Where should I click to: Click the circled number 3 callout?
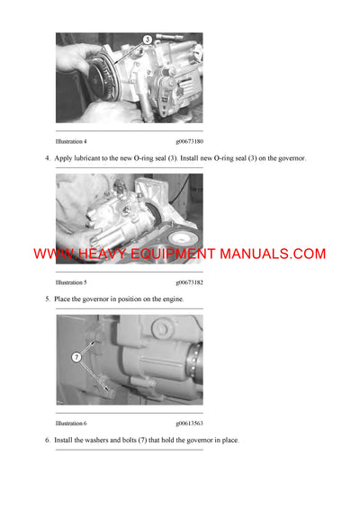tap(147, 40)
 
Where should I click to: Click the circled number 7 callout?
tap(77, 358)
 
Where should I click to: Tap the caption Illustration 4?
tap(71, 141)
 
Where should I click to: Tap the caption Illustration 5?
tap(71, 282)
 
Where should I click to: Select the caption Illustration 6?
tap(71, 423)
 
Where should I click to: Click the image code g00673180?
tap(189, 141)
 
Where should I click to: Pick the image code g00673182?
tap(189, 282)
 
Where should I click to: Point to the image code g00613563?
tap(189, 423)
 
